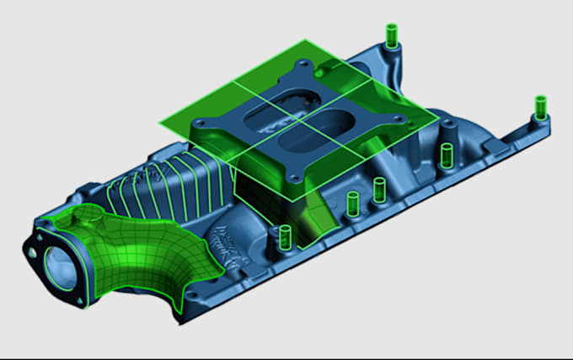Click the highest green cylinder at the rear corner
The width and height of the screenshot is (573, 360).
click(391, 35)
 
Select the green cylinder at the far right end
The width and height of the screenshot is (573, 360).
click(540, 107)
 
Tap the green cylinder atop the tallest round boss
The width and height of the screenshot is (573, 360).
click(447, 154)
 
